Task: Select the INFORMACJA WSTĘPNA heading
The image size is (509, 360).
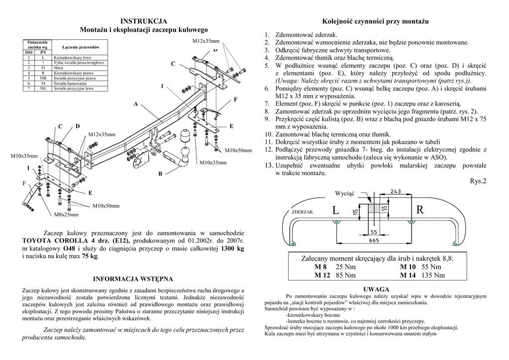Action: (133, 278)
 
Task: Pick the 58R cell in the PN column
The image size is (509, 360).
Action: (43, 78)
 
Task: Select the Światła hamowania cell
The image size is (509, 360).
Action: (70, 84)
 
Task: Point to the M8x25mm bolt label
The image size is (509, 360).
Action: (66, 215)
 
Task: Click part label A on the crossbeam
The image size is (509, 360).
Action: (135, 104)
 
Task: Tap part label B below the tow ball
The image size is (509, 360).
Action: (160, 174)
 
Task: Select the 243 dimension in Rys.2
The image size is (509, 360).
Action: (396, 192)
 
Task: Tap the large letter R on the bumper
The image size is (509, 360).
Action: (420, 210)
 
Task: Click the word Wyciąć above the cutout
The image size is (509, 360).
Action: (344, 193)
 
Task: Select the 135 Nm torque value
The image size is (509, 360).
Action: (432, 275)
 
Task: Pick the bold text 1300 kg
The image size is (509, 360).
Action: (233, 248)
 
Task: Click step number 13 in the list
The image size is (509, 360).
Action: (267, 165)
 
